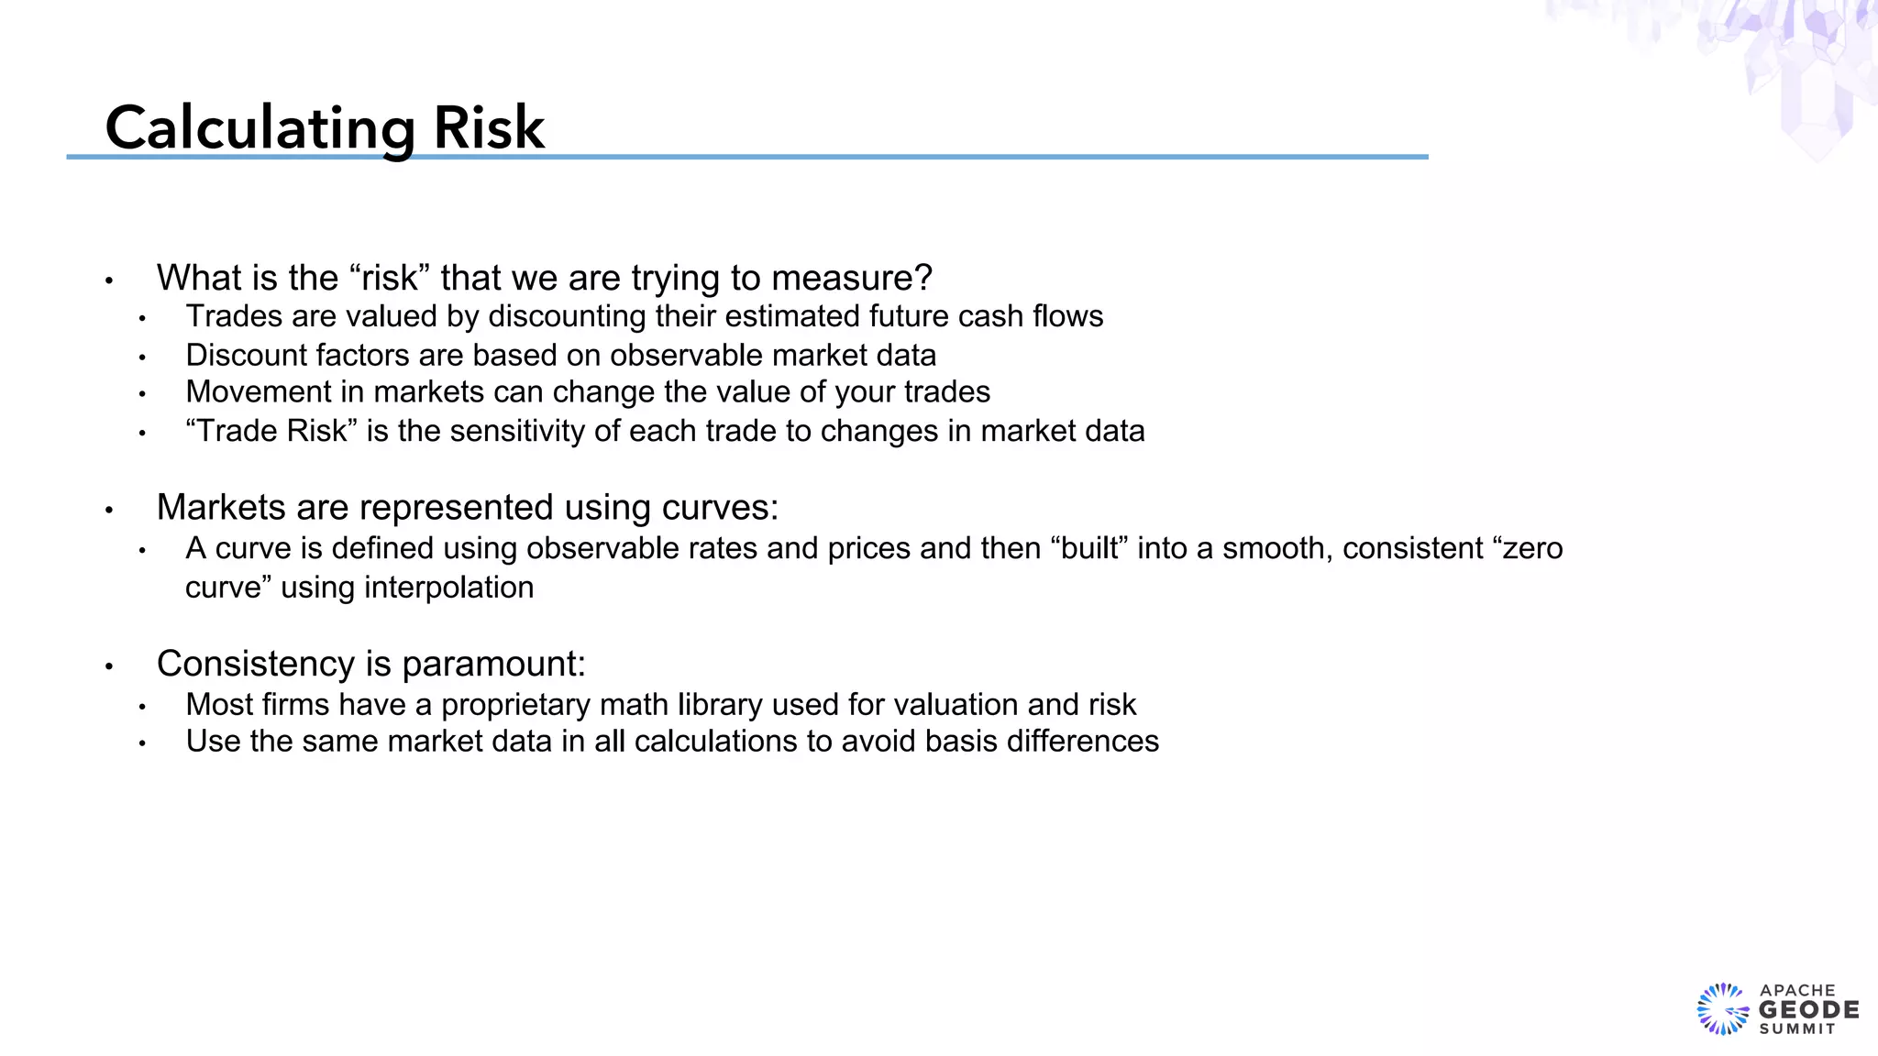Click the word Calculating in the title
[x=261, y=128]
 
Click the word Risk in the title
[x=489, y=128]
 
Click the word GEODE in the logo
[x=1808, y=1010]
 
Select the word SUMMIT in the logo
[x=1797, y=1029]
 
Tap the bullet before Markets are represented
[x=109, y=510]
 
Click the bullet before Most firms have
[x=142, y=707]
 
